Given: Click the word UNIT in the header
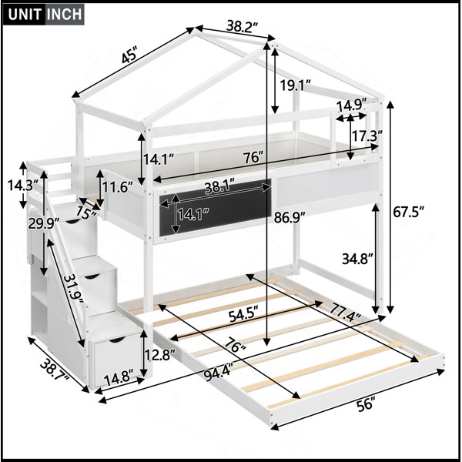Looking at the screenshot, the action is (x=25, y=14).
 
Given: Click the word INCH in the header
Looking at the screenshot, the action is (x=64, y=14).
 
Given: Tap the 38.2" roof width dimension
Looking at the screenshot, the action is (x=243, y=27).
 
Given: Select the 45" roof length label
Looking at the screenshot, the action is (x=129, y=56).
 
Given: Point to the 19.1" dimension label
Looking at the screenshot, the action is (x=295, y=85).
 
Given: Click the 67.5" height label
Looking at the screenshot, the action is (x=409, y=212).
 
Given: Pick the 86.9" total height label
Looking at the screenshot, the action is (x=290, y=218).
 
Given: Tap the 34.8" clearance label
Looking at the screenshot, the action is (x=358, y=259).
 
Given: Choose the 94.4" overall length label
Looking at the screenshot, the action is (x=219, y=373).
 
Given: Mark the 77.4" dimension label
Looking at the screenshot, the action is (x=345, y=313).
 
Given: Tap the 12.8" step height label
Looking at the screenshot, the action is (x=159, y=354).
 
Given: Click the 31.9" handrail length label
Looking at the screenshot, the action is (x=74, y=289).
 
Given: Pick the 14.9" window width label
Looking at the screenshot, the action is (x=352, y=105).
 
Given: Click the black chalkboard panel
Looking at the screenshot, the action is (x=216, y=207).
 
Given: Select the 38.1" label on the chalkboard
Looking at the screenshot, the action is (x=219, y=187).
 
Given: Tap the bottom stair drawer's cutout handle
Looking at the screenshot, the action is (x=116, y=340).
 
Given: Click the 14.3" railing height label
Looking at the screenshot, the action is (x=23, y=186).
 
